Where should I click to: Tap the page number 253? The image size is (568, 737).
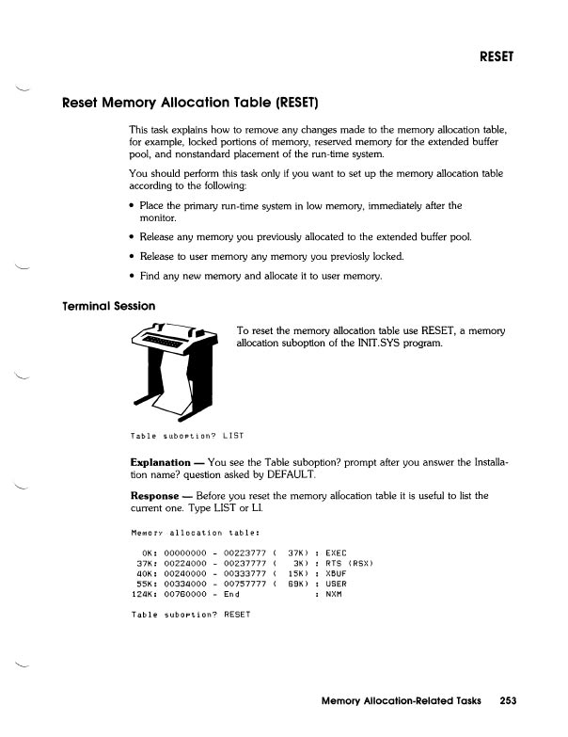(509, 701)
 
